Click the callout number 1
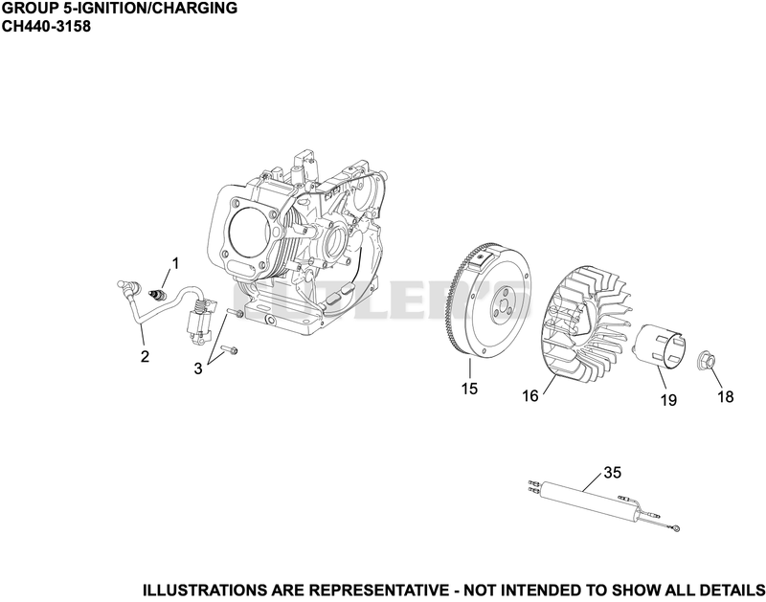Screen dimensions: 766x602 pyautogui.click(x=174, y=263)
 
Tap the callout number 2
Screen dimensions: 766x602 pyautogui.click(x=145, y=356)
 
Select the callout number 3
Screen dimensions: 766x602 pyautogui.click(x=198, y=368)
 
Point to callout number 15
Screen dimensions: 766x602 pyautogui.click(x=469, y=389)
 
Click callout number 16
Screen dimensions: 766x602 pyautogui.click(x=530, y=395)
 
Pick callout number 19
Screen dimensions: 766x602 pyautogui.click(x=668, y=400)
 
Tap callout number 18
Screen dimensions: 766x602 pyautogui.click(x=726, y=396)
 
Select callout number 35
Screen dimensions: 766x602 pyautogui.click(x=612, y=473)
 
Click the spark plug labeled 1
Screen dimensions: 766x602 pyautogui.click(x=158, y=295)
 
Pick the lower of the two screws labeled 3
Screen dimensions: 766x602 pyautogui.click(x=229, y=349)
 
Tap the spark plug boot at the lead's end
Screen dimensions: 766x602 pyautogui.click(x=128, y=286)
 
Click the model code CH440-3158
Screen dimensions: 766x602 pyautogui.click(x=46, y=27)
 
